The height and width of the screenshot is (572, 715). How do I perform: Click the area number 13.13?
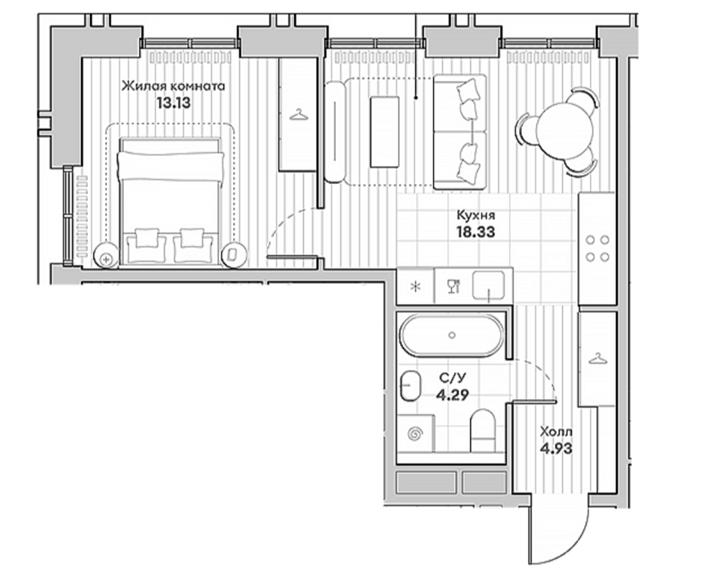tap(173, 103)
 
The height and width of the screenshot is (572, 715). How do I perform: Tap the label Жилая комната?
tap(173, 87)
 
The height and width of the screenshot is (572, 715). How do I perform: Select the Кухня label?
tap(476, 215)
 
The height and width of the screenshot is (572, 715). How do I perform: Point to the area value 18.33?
tap(476, 232)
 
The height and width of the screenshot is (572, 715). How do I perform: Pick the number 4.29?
tap(453, 395)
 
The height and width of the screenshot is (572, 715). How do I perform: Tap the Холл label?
tap(556, 431)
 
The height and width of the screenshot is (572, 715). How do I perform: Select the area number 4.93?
tap(556, 449)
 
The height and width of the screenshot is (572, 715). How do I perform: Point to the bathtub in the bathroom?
tap(452, 335)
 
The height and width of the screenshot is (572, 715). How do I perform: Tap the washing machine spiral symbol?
tap(415, 433)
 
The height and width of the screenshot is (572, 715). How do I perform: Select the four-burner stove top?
tap(597, 248)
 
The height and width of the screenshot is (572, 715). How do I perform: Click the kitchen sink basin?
tap(489, 285)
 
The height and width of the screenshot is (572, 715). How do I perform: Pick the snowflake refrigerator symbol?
tap(415, 287)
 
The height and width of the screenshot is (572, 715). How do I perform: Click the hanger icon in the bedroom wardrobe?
tap(298, 115)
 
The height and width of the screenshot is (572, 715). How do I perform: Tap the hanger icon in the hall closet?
tap(598, 359)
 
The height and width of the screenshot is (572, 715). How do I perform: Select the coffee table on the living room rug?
tap(384, 132)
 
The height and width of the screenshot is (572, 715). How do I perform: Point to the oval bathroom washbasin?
tap(411, 386)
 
